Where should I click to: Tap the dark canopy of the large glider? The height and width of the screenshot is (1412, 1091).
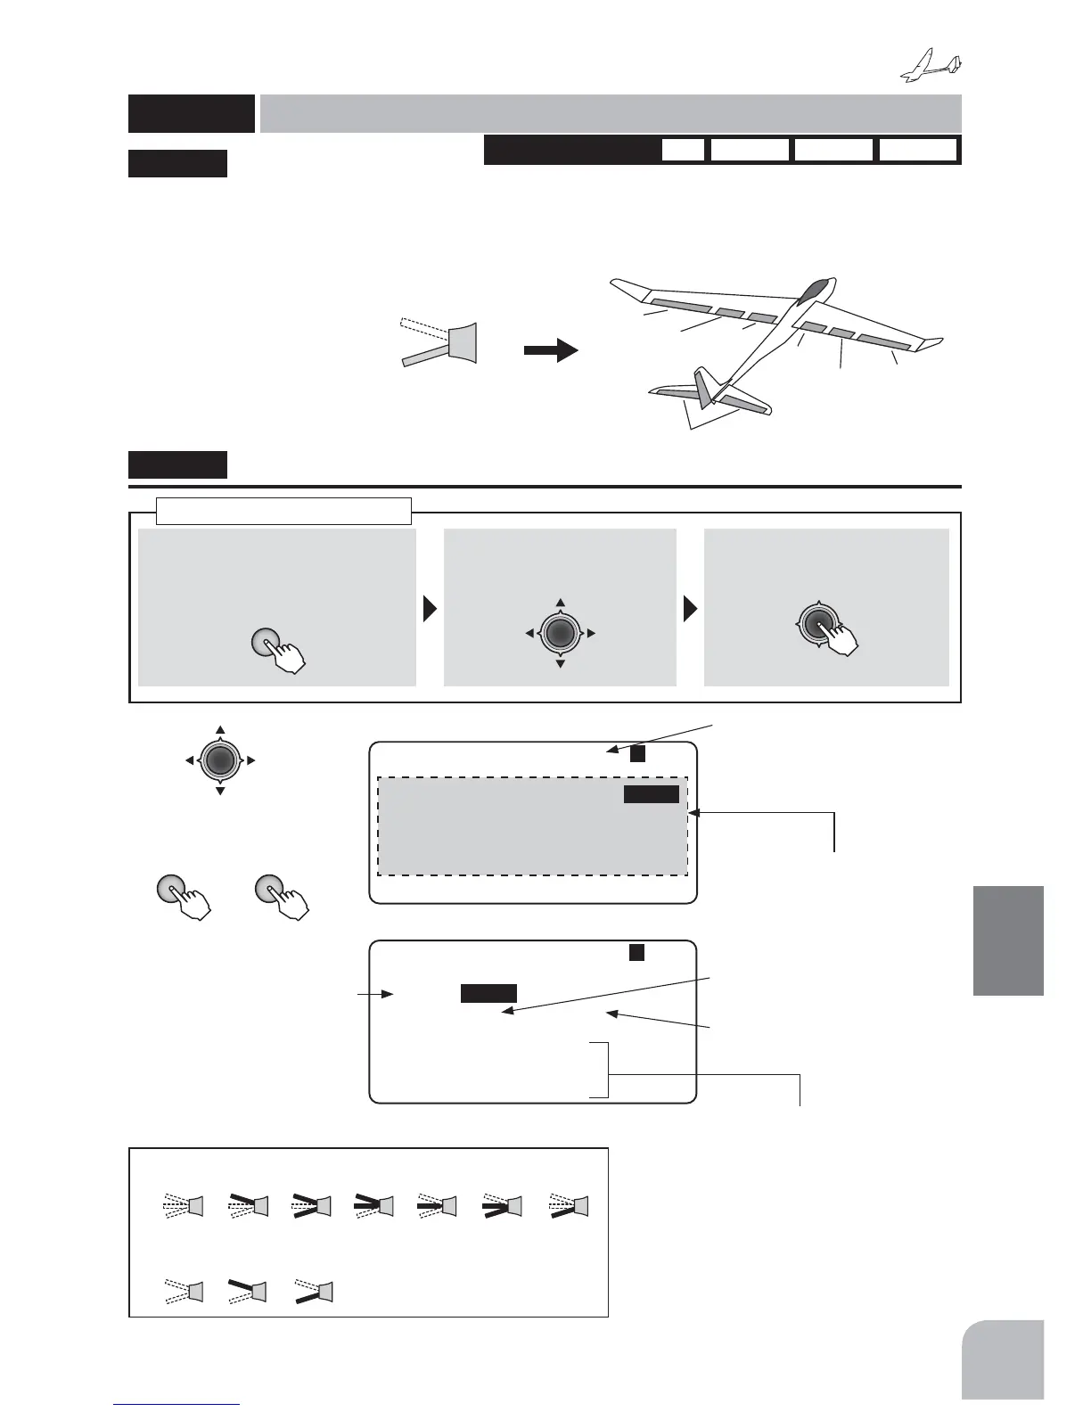(816, 292)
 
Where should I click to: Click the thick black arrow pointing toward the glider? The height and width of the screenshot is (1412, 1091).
(550, 350)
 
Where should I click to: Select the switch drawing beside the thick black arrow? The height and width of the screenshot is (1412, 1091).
(441, 341)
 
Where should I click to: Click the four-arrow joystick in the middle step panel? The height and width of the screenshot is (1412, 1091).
(560, 633)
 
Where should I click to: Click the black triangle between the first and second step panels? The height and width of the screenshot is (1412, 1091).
(430, 609)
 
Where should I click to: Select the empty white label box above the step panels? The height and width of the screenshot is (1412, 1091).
(283, 511)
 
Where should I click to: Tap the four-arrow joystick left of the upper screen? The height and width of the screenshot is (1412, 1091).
(220, 760)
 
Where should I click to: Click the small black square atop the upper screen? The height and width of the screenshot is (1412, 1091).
(636, 754)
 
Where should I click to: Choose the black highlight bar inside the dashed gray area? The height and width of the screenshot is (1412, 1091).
(651, 794)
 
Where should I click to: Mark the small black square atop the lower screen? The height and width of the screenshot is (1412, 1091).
(636, 952)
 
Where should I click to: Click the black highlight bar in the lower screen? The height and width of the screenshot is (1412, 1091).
(488, 994)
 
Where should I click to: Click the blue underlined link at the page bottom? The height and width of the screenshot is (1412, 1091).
(177, 1405)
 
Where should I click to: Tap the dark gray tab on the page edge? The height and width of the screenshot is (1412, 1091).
(1007, 940)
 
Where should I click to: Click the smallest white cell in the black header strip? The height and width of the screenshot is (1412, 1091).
(683, 150)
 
